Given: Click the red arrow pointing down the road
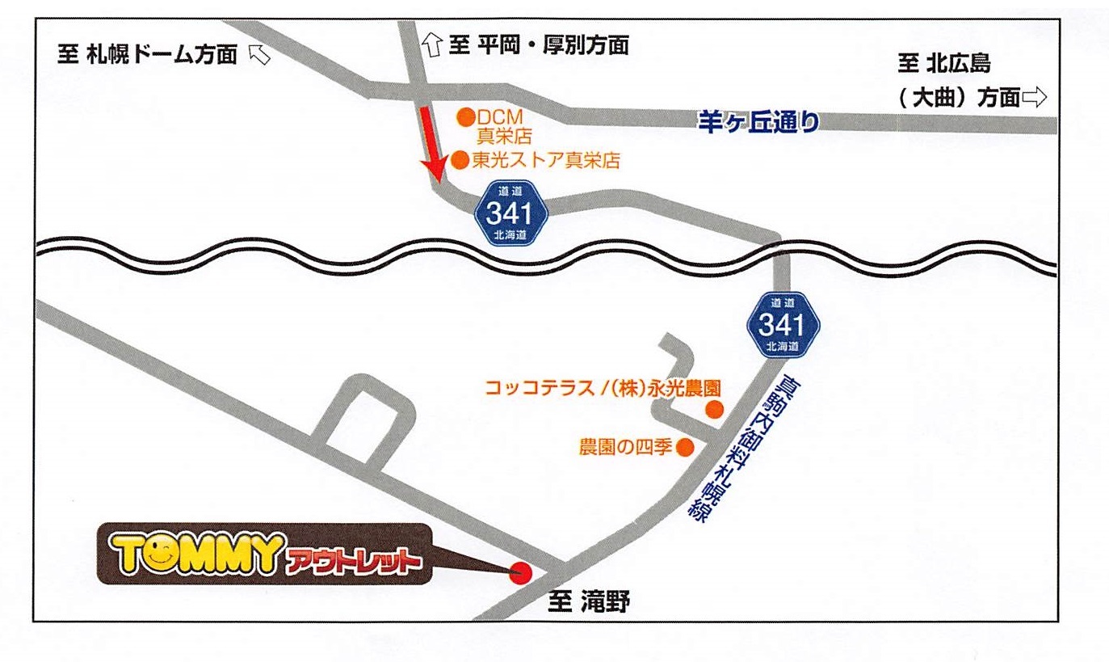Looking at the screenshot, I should click(x=429, y=145).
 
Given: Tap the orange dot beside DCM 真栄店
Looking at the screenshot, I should click(x=465, y=117).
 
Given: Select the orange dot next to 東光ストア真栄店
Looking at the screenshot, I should click(x=460, y=159).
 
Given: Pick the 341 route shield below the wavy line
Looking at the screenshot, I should click(x=782, y=324).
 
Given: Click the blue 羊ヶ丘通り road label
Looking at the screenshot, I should click(x=758, y=121).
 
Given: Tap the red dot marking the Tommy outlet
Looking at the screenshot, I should click(x=522, y=573).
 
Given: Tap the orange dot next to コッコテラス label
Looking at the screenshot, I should click(x=713, y=409).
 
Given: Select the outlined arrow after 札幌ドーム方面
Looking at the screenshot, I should click(x=259, y=54).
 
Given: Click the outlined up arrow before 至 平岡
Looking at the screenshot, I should click(x=432, y=46).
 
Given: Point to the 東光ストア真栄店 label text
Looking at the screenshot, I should click(x=546, y=160).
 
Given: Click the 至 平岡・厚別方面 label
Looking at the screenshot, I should click(x=538, y=45).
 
